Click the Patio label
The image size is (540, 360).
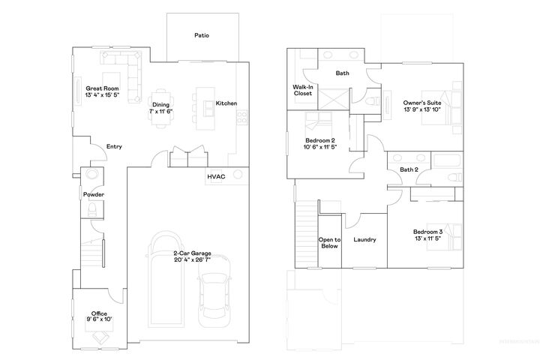201,34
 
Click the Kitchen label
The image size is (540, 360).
226,103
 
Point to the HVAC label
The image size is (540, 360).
217,176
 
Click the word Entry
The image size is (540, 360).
115,146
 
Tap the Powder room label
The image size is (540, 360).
93,195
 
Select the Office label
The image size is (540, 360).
99,313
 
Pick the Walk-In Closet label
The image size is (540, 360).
302,91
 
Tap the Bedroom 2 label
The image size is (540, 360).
321,140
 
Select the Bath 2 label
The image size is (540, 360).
409,170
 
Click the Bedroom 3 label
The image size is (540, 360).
429,232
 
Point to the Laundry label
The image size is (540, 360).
364,240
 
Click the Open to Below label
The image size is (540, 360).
329,242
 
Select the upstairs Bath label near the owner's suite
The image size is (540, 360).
342,73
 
